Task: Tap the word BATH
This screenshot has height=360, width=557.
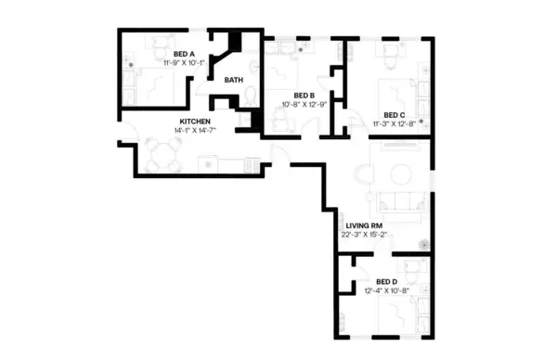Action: [233, 80]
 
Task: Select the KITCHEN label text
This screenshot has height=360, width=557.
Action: [195, 122]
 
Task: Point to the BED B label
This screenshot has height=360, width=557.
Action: [304, 96]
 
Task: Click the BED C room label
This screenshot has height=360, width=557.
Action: [395, 114]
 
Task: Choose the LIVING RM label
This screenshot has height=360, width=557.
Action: [364, 225]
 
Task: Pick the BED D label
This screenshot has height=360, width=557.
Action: [387, 281]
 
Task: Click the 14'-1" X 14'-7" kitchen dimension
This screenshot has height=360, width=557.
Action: [195, 131]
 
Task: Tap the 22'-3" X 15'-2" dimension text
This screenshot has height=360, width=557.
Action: [364, 235]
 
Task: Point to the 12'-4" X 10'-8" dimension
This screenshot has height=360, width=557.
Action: [387, 290]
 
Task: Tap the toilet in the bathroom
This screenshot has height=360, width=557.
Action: [245, 119]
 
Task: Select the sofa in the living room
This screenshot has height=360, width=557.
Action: [401, 201]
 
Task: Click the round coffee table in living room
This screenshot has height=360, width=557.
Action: [402, 174]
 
